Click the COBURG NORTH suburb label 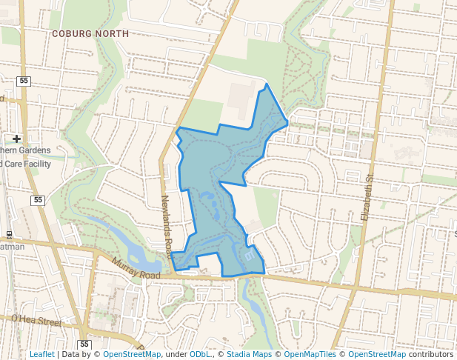click(90, 34)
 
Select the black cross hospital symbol click(16, 139)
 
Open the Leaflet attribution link click(41, 354)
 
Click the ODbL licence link click(199, 354)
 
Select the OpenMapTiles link click(311, 354)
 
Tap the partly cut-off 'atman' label click(12, 246)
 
